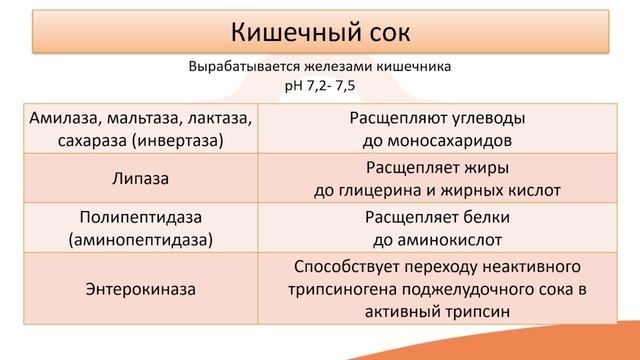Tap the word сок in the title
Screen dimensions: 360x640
coord(383,31)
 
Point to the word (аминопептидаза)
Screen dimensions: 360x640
coord(139,240)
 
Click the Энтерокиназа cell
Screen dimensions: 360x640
coord(139,290)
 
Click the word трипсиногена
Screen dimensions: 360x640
coord(380,290)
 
